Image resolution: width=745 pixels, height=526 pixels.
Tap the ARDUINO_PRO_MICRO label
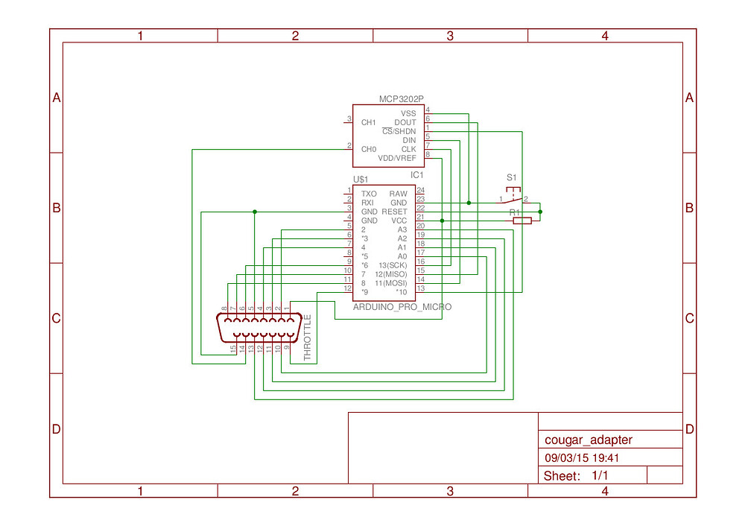click(x=402, y=306)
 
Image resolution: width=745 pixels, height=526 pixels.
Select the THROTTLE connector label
click(x=308, y=337)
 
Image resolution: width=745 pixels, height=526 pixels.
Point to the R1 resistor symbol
click(x=521, y=221)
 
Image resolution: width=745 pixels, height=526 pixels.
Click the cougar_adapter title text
click(x=589, y=440)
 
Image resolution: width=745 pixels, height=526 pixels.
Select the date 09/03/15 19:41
click(x=583, y=459)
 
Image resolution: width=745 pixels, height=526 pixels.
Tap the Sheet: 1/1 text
click(x=576, y=476)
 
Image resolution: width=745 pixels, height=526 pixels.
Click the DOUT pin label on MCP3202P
click(x=405, y=122)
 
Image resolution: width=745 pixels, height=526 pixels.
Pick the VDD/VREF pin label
click(x=397, y=158)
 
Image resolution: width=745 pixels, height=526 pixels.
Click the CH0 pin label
click(x=368, y=149)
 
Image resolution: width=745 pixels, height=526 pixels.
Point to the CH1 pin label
click(x=368, y=122)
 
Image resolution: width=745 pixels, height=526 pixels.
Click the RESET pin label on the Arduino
click(x=395, y=212)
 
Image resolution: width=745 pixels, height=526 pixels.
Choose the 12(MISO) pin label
click(x=391, y=274)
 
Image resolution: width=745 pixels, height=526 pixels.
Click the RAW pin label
click(x=399, y=194)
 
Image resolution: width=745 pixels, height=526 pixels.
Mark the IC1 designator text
click(x=417, y=175)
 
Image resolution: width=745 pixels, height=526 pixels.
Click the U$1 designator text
click(x=361, y=180)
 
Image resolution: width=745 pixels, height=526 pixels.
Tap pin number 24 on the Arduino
click(x=420, y=191)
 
